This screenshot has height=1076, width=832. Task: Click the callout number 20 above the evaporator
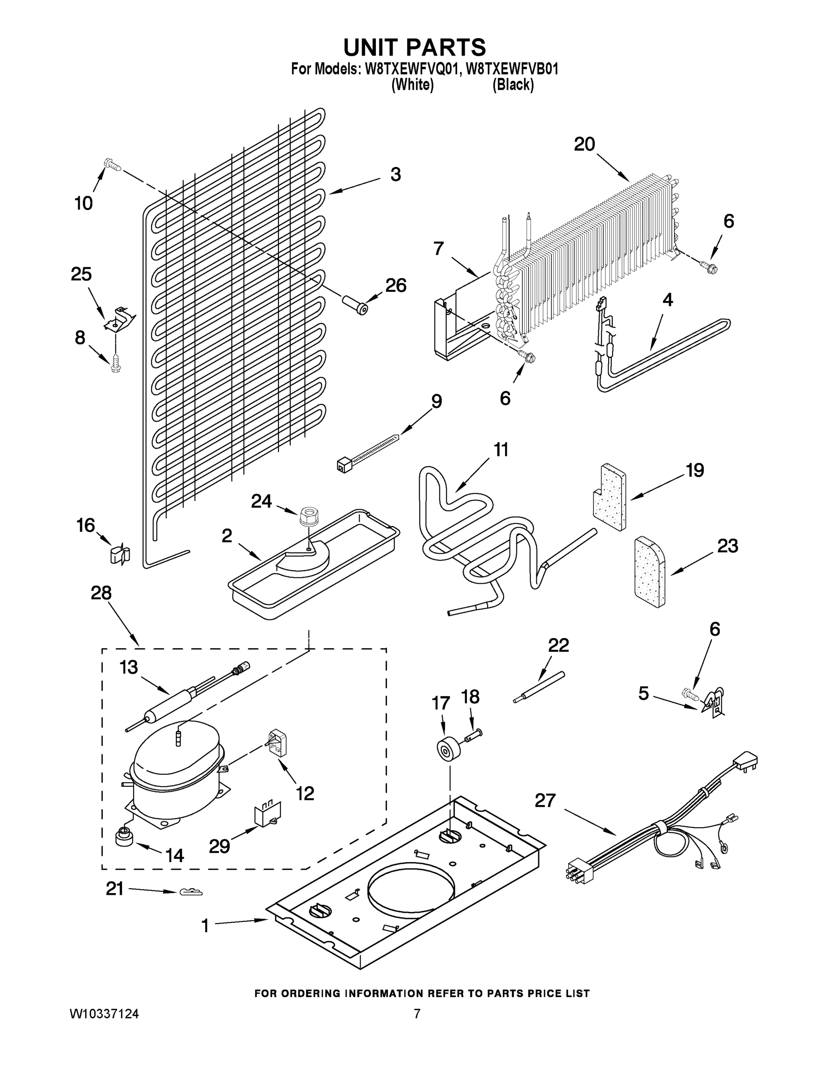click(584, 144)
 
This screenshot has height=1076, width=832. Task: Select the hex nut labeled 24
click(309, 516)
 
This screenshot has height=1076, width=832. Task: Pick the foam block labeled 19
click(610, 497)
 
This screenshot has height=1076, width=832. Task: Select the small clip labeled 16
click(119, 554)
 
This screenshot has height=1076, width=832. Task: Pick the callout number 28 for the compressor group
click(101, 593)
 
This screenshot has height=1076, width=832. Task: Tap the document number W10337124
click(104, 1013)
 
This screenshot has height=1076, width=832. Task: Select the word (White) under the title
click(412, 85)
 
